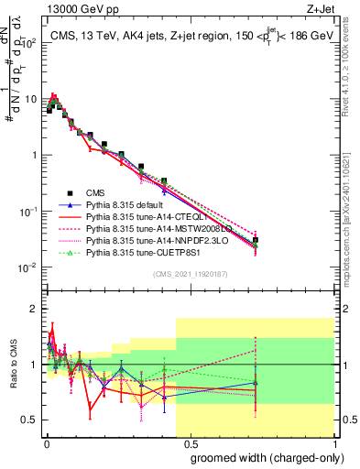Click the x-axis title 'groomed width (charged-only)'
pos(262,458)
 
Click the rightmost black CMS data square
pos(256,240)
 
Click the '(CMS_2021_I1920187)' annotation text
pos(189,273)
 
